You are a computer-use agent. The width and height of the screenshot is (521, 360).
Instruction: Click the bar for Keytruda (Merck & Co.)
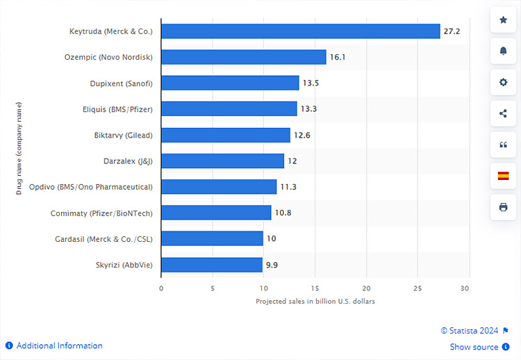point(300,31)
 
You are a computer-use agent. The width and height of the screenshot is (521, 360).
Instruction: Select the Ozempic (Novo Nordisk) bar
point(243,57)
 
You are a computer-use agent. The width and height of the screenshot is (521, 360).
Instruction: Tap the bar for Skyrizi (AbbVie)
point(211,265)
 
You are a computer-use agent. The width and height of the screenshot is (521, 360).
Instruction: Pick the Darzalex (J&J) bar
point(222,161)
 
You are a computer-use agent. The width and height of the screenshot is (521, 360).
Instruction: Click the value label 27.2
point(453,31)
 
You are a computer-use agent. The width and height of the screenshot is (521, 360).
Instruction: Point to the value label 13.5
point(310,83)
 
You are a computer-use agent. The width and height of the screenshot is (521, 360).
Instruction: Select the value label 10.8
point(283,213)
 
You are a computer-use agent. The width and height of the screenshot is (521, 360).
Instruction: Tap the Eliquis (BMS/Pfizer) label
point(117,109)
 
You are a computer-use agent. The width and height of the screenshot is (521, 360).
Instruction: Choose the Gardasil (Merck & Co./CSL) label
point(104,239)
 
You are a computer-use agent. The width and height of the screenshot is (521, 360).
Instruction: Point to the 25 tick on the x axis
point(417,288)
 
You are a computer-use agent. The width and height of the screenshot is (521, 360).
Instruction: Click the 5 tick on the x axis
point(213,288)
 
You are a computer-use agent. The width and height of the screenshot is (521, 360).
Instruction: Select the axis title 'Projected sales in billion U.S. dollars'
point(315,302)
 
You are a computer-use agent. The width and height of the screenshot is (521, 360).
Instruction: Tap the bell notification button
point(503,51)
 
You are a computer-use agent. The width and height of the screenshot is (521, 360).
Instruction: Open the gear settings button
point(503,83)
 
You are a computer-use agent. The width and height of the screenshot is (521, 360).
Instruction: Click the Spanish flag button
point(503,176)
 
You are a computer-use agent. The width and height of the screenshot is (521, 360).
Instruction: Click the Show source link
point(474,347)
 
